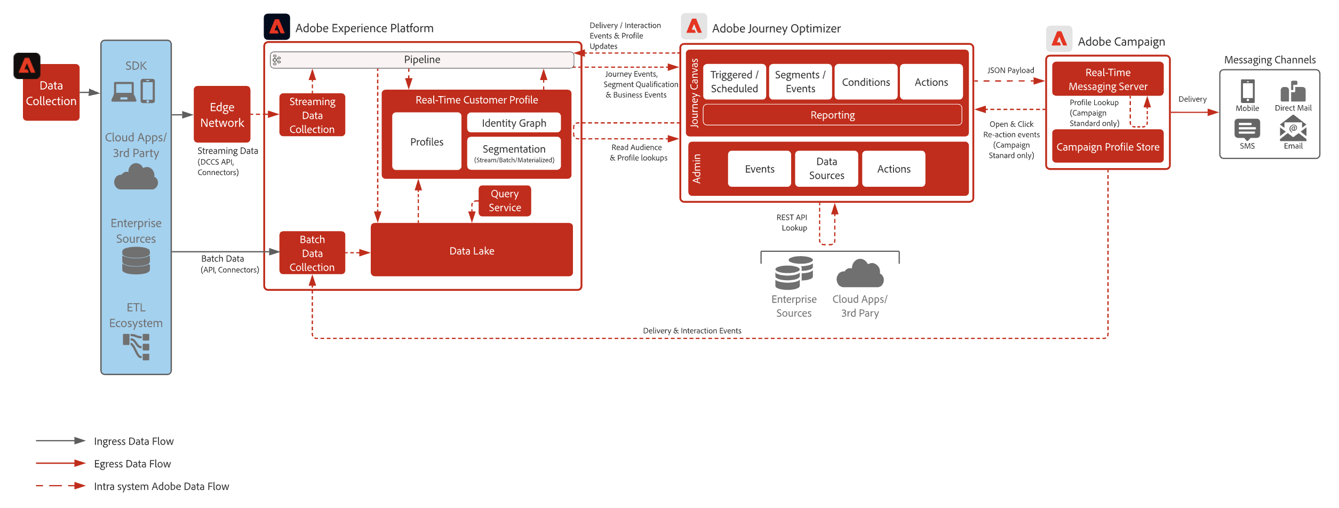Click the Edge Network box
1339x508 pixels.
(x=222, y=114)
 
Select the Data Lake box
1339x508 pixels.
(x=472, y=250)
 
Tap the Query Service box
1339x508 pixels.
(x=505, y=201)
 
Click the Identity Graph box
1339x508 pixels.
(x=514, y=123)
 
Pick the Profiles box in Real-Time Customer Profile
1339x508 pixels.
(x=427, y=141)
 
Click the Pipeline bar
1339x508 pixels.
(x=422, y=60)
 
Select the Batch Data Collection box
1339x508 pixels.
(x=312, y=253)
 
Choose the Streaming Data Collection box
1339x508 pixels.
(x=312, y=115)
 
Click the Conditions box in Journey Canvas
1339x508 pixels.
(x=866, y=82)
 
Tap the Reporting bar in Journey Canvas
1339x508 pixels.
(x=832, y=115)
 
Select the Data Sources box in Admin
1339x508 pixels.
(x=826, y=169)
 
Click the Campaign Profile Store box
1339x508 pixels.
(x=1107, y=147)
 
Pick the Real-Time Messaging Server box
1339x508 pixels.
(x=1107, y=79)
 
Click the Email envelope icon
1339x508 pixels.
(x=1293, y=129)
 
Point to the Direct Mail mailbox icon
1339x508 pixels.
(x=1293, y=92)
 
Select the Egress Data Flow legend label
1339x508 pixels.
(x=132, y=464)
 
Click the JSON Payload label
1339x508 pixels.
(x=1010, y=70)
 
